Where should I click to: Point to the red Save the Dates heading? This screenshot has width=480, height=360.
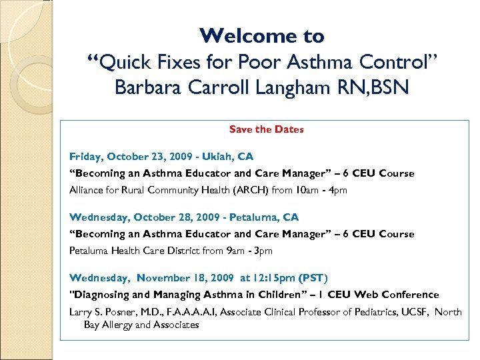click(x=266, y=129)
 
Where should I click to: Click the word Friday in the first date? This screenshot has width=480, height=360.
click(x=83, y=157)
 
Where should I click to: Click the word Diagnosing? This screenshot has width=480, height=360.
click(x=99, y=295)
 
